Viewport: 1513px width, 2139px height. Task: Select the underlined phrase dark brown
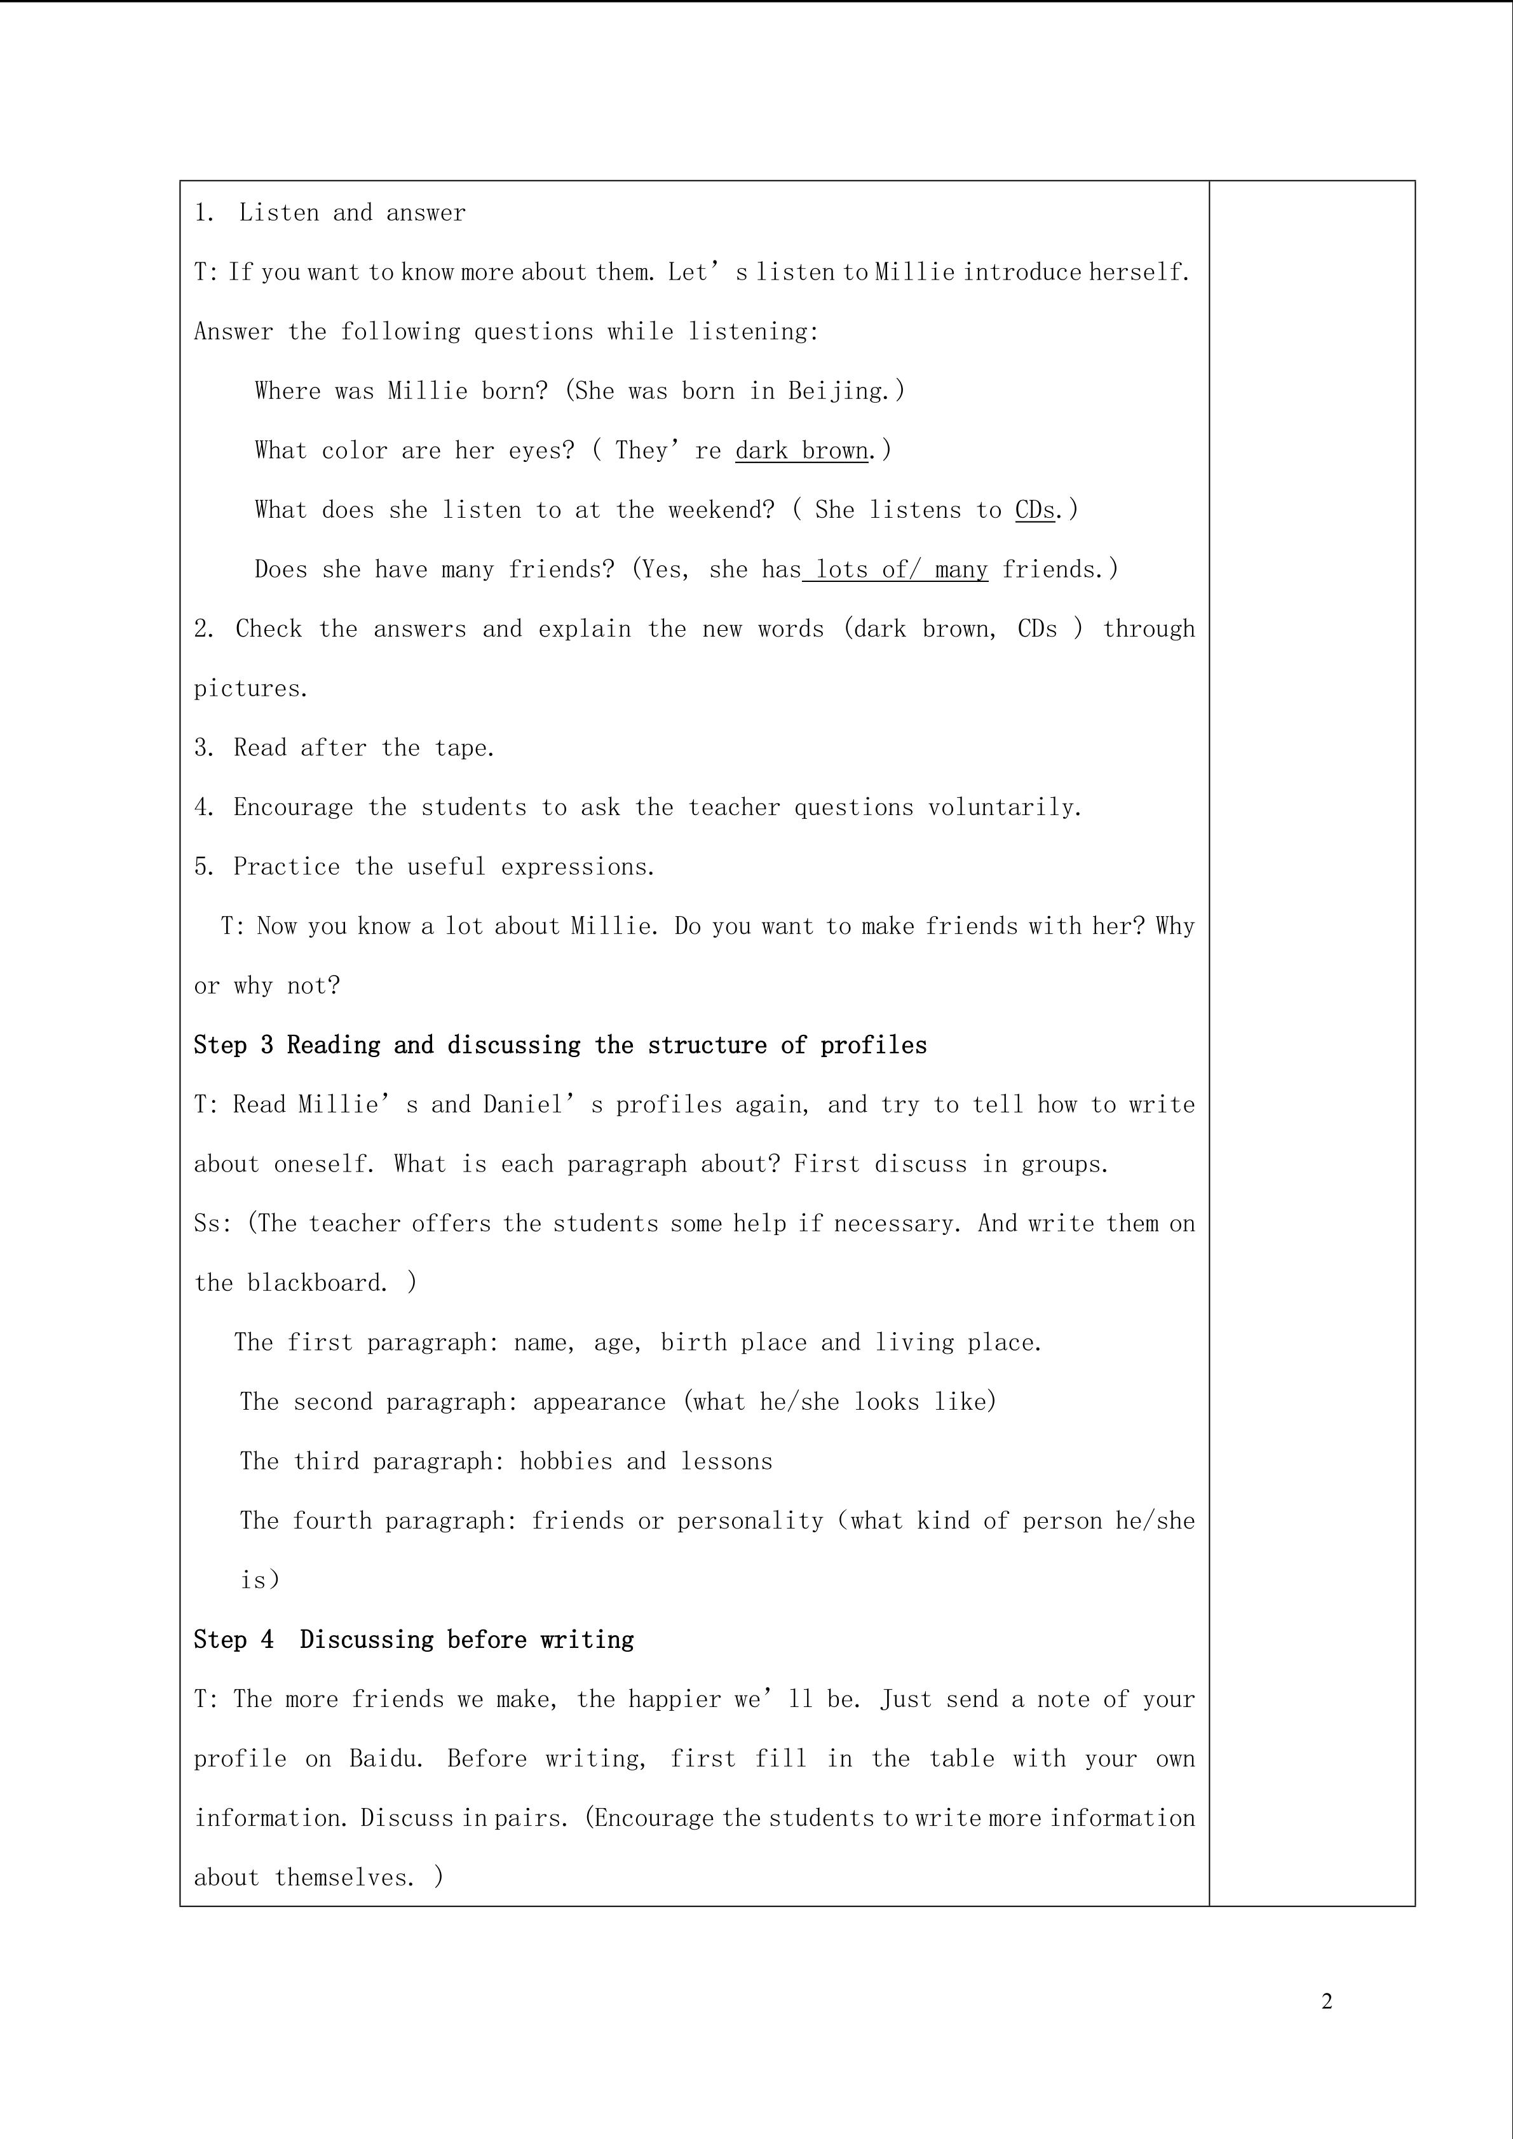(801, 451)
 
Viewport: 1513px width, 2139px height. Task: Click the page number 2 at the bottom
(1327, 2001)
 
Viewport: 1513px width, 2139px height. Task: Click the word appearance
(599, 1402)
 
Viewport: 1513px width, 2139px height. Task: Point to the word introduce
(1022, 273)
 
